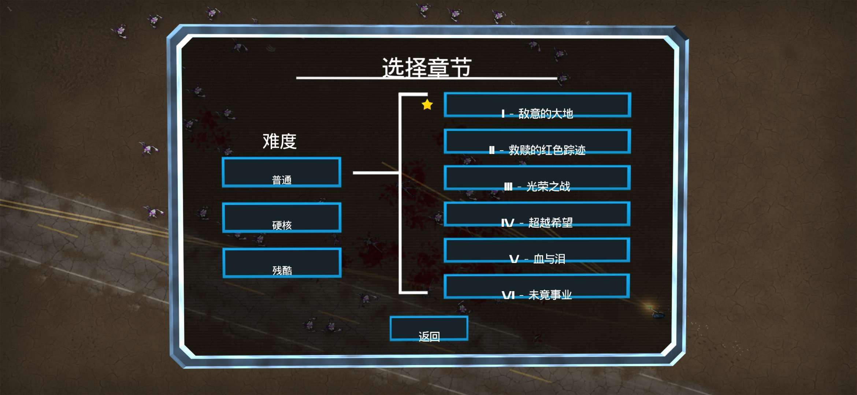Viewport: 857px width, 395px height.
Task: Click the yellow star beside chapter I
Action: [x=427, y=105]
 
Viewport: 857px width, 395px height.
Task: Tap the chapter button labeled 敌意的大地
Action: [x=537, y=105]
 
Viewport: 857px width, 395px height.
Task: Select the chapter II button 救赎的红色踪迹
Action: [x=537, y=141]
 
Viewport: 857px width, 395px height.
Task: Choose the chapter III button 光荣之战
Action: [x=537, y=178]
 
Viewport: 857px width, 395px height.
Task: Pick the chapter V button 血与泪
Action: [x=537, y=250]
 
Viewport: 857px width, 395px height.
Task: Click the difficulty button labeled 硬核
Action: [x=282, y=218]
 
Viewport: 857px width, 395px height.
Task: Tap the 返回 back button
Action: [x=429, y=328]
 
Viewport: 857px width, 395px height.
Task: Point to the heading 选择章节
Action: [x=427, y=67]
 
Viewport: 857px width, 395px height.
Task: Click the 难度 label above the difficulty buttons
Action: [x=279, y=141]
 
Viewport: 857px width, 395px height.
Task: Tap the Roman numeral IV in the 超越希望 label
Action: [x=508, y=223]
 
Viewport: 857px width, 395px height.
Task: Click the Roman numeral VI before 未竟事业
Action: [x=508, y=295]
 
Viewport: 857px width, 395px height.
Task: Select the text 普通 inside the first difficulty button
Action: [x=282, y=180]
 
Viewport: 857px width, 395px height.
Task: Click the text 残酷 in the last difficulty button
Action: [x=282, y=270]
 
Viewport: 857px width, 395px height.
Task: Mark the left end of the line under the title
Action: [x=297, y=78]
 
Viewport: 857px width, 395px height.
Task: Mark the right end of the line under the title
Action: [x=557, y=78]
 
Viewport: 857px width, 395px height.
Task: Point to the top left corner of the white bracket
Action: [x=400, y=94]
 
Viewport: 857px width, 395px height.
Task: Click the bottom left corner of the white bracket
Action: [x=400, y=293]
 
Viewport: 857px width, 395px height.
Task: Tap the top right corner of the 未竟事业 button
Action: [x=630, y=274]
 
